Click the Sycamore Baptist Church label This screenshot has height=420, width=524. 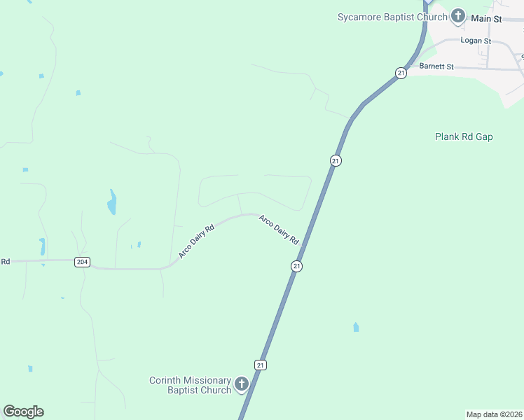coord(392,16)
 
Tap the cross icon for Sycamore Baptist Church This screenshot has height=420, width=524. coord(458,15)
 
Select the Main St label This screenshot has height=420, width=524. coord(486,19)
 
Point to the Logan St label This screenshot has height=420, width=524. coord(476,41)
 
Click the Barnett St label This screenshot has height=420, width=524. coord(436,66)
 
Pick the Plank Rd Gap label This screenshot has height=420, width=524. coord(464,137)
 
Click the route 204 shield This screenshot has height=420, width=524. coord(82,261)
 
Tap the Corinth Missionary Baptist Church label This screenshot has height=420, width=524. coord(190,385)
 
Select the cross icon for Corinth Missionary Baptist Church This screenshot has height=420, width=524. coord(242,384)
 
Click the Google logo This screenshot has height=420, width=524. coord(23,412)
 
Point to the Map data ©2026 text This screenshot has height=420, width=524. coord(494,414)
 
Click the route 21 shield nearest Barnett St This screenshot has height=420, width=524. coord(400,73)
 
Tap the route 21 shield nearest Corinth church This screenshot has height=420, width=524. coord(260,365)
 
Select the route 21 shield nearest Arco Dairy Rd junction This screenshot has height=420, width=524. coord(296,266)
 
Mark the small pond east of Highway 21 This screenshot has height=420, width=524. coord(356,327)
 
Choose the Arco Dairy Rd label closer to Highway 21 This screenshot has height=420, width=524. coord(279,229)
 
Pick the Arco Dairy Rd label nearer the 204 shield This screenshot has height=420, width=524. coord(195,241)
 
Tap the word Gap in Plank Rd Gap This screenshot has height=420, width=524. coord(485,137)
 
